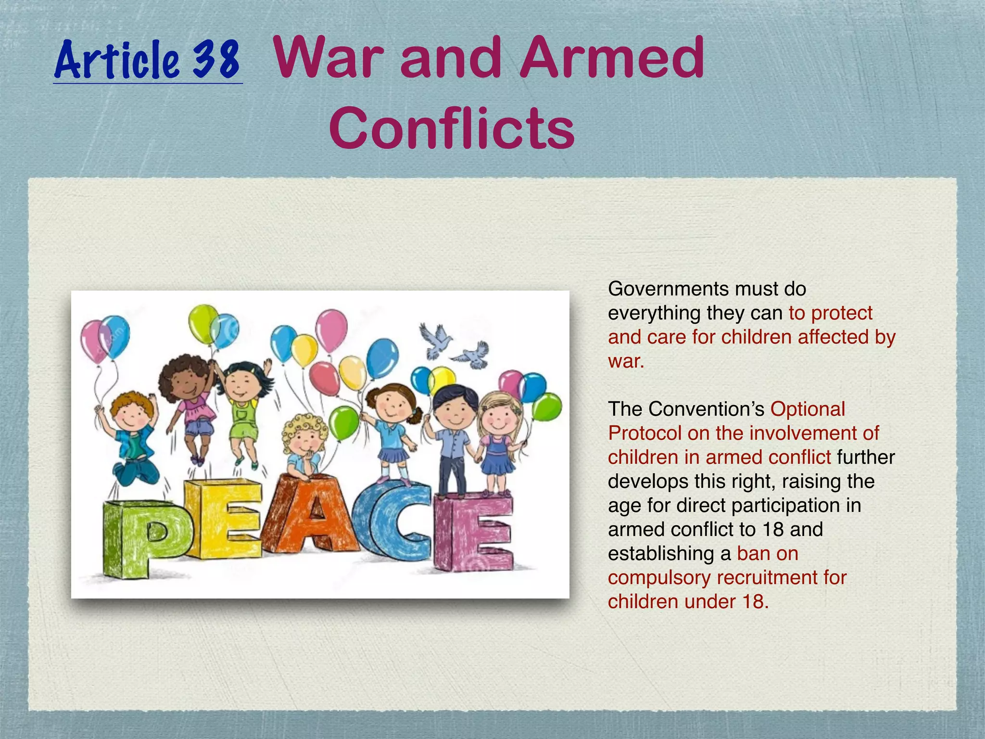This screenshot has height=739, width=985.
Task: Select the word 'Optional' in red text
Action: pos(808,409)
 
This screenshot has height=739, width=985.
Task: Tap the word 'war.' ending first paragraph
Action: pos(626,361)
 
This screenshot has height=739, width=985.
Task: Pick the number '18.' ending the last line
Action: pos(756,601)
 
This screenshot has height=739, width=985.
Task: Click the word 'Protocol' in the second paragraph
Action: pos(644,433)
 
